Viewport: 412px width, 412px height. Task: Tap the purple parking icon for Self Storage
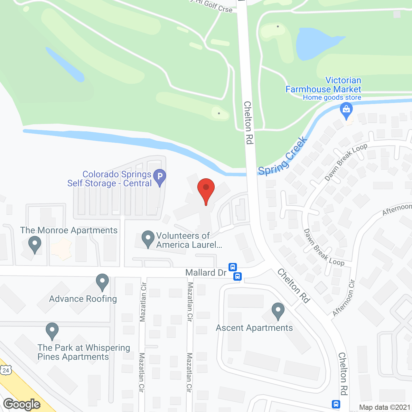[x=159, y=177]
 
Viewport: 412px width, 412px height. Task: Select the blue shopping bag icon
[x=346, y=110]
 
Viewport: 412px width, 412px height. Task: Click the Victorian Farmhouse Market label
[x=323, y=85]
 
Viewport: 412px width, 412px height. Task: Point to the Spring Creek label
[x=283, y=157]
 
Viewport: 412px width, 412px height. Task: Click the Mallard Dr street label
[x=206, y=273]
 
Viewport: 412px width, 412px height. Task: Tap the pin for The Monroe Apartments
[x=35, y=244]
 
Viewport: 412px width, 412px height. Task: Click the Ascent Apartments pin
[x=278, y=311]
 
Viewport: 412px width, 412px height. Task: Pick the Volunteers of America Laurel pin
[x=148, y=239]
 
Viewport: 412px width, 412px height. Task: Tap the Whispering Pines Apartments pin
[x=52, y=331]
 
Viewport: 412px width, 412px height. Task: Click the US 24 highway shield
[x=6, y=370]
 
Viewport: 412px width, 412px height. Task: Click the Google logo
[x=22, y=404]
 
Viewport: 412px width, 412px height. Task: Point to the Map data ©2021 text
[x=385, y=407]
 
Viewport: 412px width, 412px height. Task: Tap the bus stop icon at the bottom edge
[x=336, y=404]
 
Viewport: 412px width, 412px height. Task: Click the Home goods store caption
[x=332, y=98]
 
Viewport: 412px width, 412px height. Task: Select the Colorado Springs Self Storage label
[x=109, y=179]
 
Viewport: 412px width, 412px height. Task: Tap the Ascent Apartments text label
[x=254, y=328]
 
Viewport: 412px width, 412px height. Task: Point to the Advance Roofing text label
[x=83, y=299]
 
